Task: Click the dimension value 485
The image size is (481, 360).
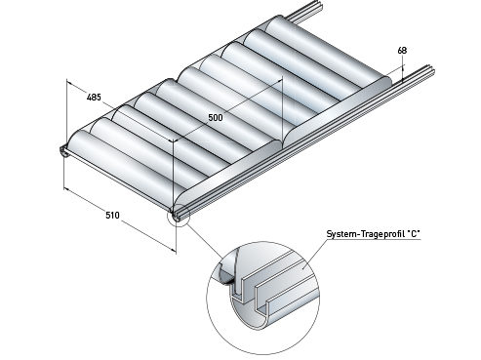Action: click(94, 97)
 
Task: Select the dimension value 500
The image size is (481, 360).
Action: click(216, 117)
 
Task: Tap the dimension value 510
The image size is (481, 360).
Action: click(112, 215)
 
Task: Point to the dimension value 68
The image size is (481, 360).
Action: click(402, 51)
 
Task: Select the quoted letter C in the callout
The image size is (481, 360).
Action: click(413, 234)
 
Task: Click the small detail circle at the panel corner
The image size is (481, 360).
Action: click(178, 217)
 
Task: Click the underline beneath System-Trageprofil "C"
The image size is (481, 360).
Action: click(374, 240)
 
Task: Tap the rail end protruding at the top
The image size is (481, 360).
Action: click(305, 15)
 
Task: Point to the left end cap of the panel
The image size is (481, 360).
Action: click(63, 151)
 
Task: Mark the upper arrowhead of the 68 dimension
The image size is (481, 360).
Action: click(403, 67)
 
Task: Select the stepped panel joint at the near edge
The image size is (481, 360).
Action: click(282, 143)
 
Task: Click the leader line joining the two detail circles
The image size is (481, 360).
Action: click(206, 242)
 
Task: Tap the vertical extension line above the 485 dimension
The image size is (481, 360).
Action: click(66, 111)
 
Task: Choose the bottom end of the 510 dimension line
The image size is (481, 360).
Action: click(176, 252)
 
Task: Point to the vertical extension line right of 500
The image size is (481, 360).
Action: click(282, 109)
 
